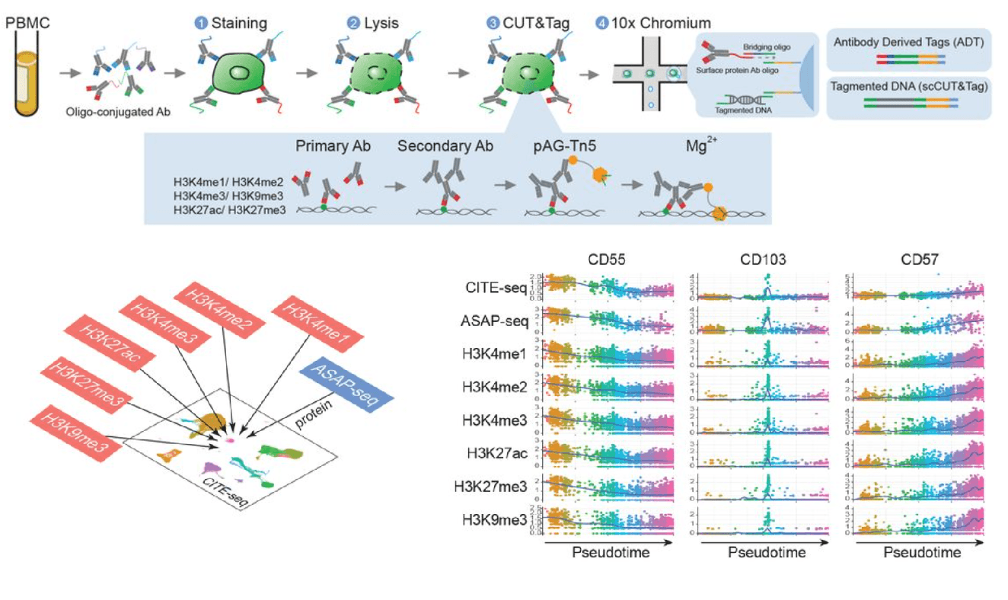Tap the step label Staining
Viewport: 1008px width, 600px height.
[x=239, y=23]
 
